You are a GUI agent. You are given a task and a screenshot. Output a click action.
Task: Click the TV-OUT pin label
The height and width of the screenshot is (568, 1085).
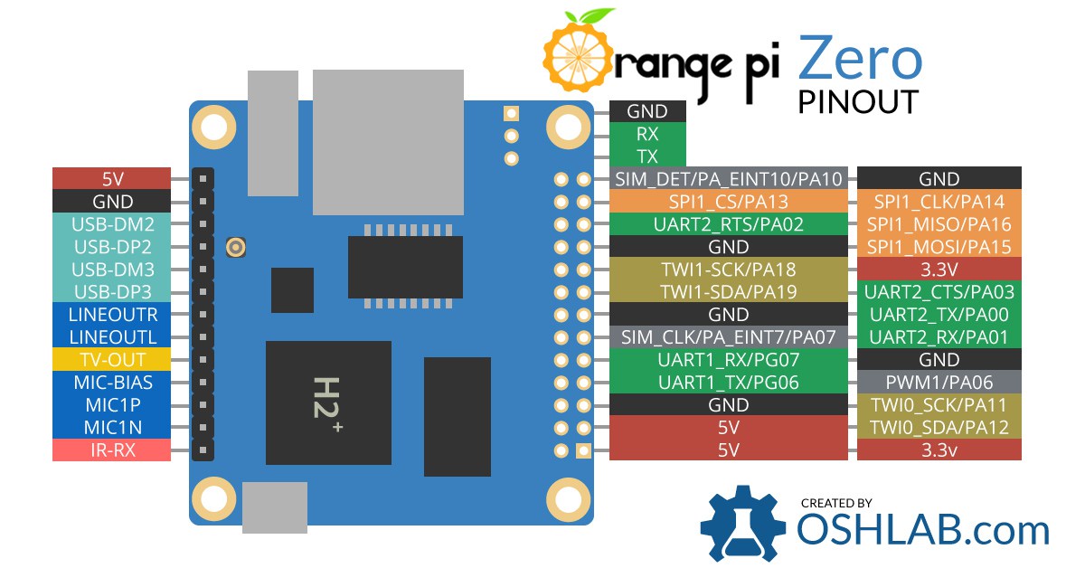pos(111,359)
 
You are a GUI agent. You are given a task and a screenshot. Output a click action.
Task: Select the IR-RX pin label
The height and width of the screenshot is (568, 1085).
pos(111,450)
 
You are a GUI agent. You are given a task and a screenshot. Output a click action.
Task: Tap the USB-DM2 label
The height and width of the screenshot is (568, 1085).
pos(111,223)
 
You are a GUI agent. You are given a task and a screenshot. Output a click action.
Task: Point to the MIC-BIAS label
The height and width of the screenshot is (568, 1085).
pos(111,382)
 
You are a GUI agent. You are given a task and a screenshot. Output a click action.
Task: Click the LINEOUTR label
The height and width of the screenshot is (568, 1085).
pos(111,314)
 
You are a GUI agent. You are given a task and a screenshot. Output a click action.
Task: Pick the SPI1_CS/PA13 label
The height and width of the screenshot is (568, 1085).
pos(728,201)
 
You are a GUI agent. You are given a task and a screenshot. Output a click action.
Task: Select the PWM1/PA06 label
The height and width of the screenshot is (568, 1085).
pos(939,382)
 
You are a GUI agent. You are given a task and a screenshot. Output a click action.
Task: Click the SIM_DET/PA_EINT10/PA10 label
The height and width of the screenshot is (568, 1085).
pos(728,178)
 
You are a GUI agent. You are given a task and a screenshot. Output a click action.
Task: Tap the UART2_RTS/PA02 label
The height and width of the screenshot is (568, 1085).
pos(728,223)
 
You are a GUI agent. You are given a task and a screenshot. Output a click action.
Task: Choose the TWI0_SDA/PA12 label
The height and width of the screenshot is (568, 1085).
pos(939,427)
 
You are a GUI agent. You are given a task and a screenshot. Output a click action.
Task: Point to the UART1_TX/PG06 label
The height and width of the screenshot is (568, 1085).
pos(728,382)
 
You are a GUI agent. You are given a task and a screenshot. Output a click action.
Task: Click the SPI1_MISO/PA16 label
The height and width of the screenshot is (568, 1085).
pos(939,223)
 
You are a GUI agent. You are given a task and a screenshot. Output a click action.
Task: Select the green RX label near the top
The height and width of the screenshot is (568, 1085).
pos(647,133)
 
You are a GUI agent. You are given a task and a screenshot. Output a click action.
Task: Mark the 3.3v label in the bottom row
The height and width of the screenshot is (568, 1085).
pos(939,450)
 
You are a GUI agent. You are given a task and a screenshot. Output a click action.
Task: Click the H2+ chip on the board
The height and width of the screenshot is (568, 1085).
pos(327,403)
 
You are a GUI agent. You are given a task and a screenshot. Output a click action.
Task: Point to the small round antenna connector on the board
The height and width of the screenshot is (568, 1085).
pos(238,247)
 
